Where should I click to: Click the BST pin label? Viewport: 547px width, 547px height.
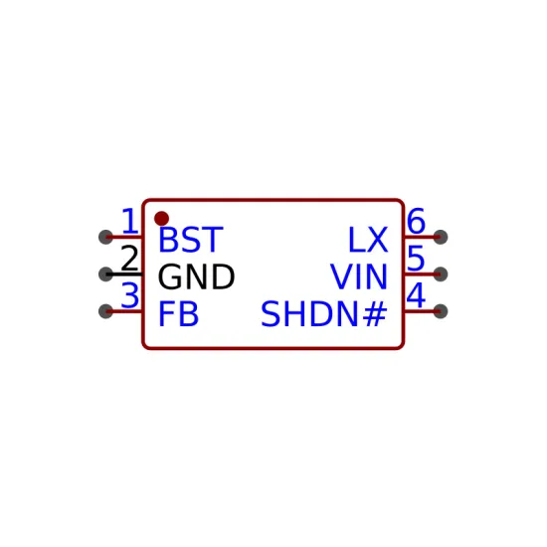[191, 240]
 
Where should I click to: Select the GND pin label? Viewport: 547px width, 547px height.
[196, 276]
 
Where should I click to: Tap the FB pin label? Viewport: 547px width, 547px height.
[179, 314]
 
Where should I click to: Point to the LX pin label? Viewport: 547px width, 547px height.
[368, 240]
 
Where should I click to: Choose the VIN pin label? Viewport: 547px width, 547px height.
[359, 276]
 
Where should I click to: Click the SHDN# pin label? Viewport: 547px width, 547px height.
[324, 314]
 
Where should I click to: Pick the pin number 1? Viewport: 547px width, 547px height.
[130, 221]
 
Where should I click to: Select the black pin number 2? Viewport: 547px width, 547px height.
[129, 259]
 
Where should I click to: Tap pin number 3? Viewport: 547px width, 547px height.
[129, 295]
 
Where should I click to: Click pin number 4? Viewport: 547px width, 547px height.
[416, 295]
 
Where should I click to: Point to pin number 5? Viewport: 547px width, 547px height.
[416, 259]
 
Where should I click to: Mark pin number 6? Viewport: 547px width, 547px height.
[416, 221]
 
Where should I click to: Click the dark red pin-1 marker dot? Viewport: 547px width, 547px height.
[161, 219]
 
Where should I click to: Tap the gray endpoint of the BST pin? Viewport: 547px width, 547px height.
[105, 238]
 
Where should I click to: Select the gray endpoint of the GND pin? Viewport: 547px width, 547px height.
[105, 274]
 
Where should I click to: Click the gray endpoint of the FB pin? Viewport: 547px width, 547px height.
[105, 311]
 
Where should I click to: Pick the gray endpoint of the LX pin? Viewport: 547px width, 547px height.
[441, 238]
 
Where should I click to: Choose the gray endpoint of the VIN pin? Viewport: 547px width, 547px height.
[441, 274]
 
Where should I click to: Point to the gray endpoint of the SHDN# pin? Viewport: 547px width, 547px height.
[441, 311]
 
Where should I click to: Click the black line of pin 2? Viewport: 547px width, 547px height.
[124, 274]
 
